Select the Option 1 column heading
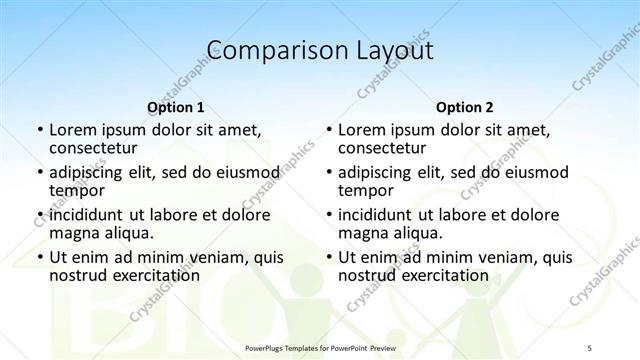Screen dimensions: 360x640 click(176, 107)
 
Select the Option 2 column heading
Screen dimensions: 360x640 click(465, 107)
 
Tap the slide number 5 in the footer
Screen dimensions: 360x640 click(590, 347)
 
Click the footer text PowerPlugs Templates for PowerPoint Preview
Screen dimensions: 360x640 click(319, 347)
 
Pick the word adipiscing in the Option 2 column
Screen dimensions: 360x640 click(378, 172)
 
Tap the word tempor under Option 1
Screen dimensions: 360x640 click(76, 191)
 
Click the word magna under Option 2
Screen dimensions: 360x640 click(363, 234)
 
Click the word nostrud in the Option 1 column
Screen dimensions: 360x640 click(79, 275)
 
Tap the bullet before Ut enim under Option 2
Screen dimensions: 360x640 click(329, 258)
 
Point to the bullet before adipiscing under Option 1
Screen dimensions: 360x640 click(40, 172)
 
